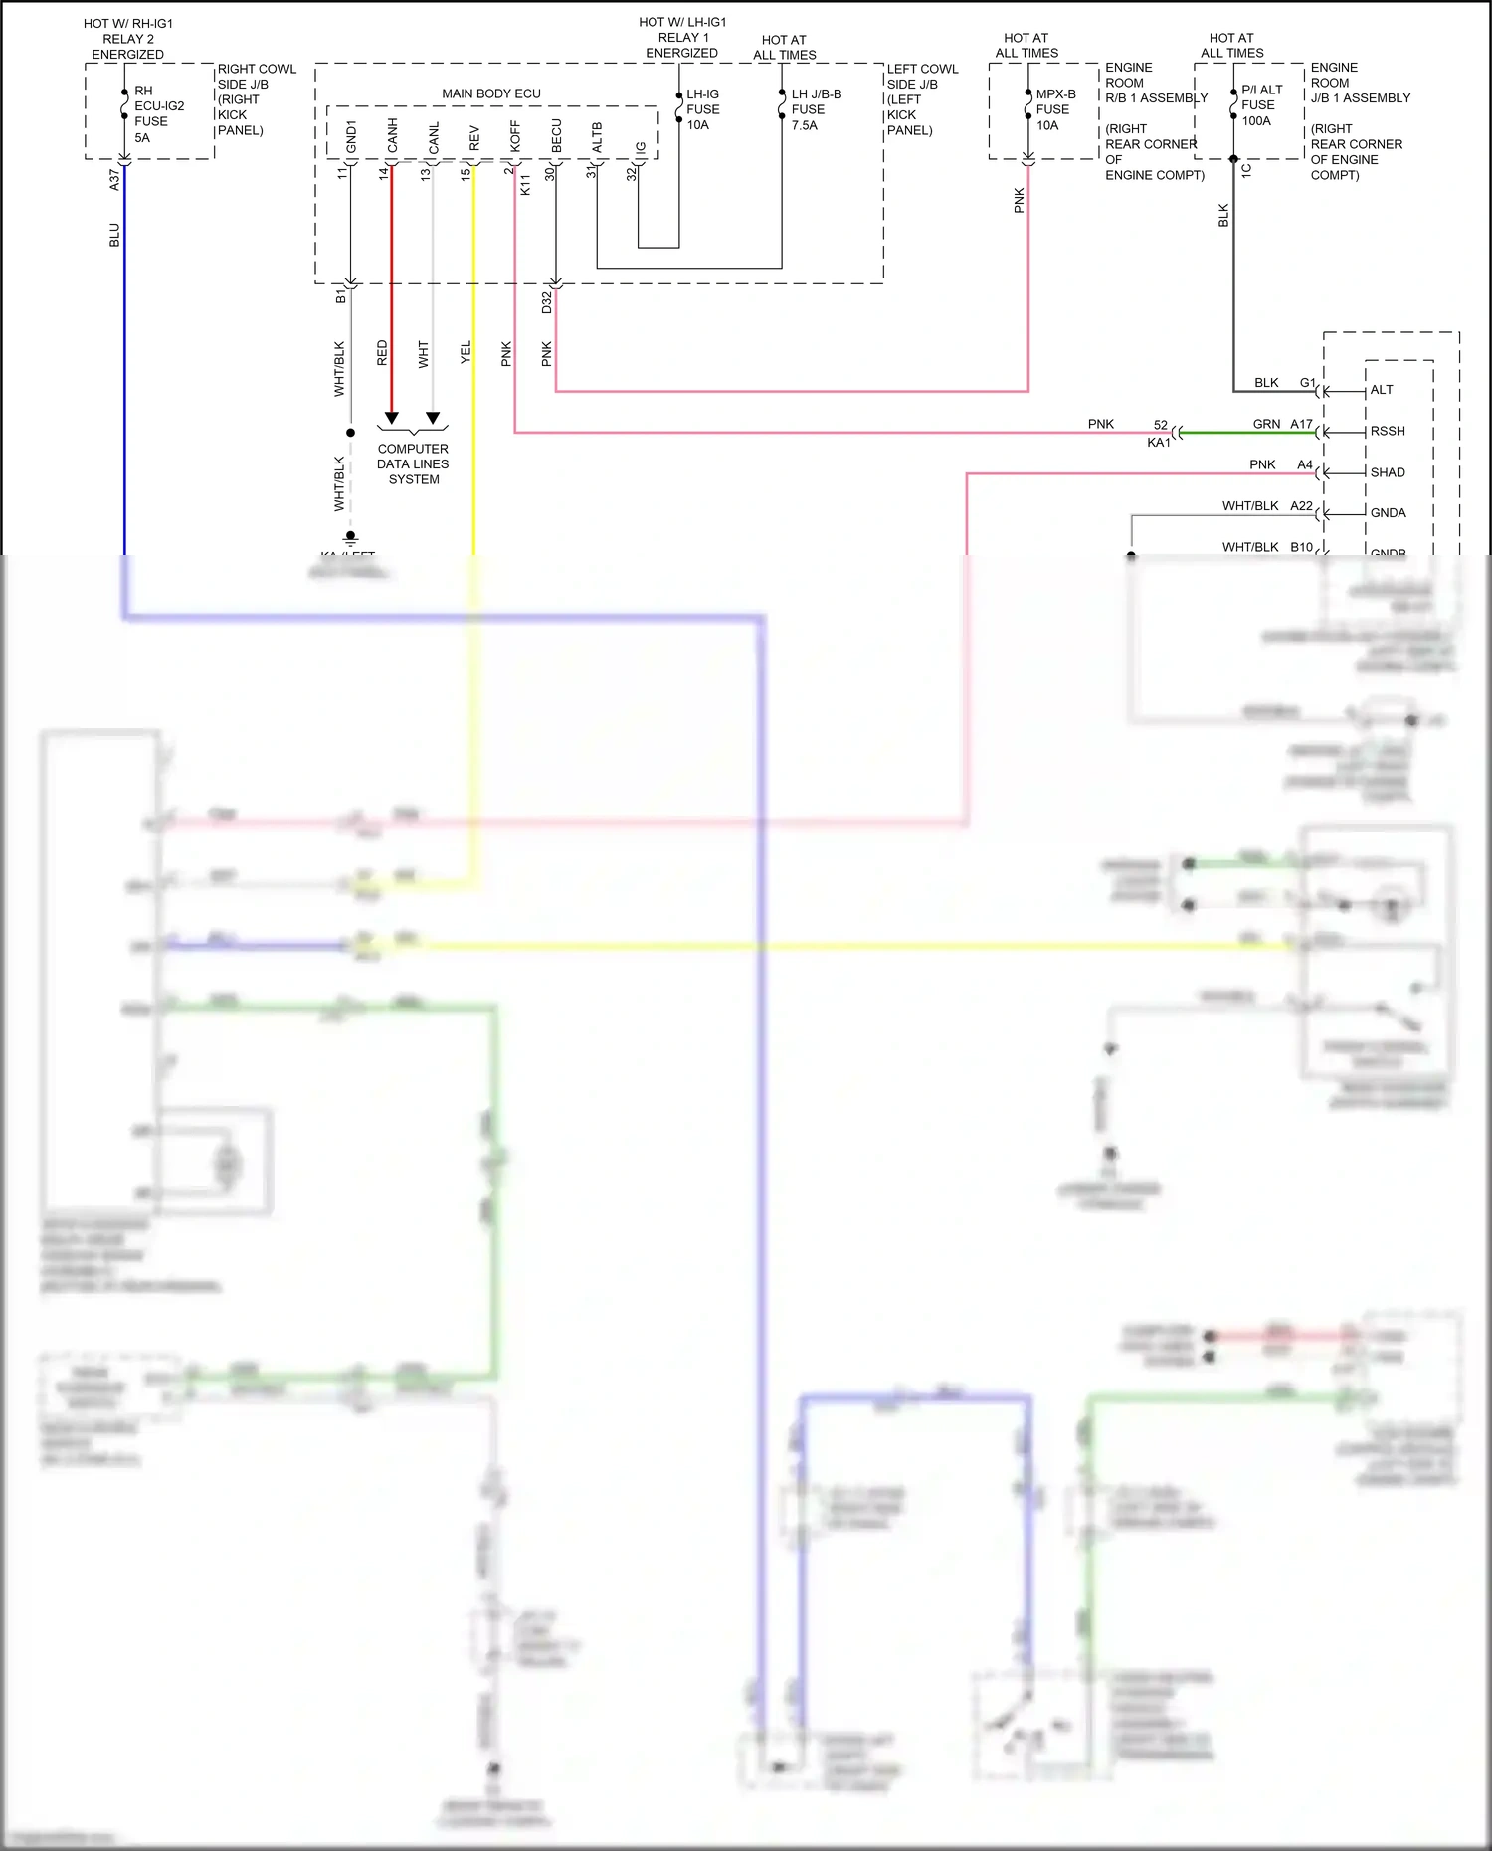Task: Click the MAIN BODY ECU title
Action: (491, 93)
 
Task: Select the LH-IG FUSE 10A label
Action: (702, 109)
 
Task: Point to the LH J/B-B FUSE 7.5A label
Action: (816, 109)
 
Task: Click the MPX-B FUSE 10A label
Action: (1054, 109)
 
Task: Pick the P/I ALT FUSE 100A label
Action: (1260, 104)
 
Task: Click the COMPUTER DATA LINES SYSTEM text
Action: (413, 463)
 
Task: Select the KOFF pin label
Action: (515, 136)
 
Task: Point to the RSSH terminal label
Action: (1388, 431)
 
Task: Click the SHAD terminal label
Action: (1388, 472)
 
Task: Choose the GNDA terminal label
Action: (1388, 513)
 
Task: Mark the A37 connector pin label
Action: (114, 179)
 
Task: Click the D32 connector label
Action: (546, 302)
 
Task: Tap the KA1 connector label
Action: (1159, 443)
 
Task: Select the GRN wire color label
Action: (1266, 424)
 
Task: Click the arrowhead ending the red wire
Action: (392, 418)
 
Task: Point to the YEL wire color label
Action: (466, 352)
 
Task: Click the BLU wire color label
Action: (114, 235)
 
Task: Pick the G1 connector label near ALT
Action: (1307, 383)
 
